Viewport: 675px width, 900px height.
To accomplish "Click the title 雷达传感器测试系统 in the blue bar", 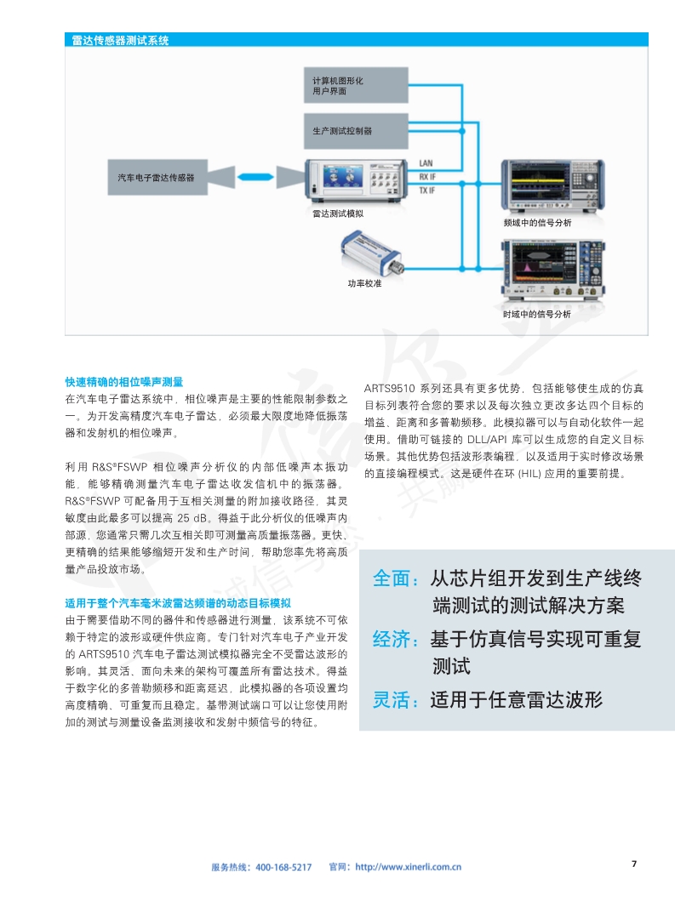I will (x=120, y=39).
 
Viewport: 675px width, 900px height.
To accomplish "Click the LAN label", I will (x=426, y=162).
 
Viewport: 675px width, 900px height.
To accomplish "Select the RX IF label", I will (x=427, y=176).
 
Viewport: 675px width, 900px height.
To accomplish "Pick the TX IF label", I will (x=427, y=191).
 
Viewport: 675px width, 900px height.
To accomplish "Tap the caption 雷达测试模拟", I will (x=338, y=213).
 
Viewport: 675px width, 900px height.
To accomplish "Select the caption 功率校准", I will (x=363, y=282).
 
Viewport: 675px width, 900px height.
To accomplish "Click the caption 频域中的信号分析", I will (x=537, y=222).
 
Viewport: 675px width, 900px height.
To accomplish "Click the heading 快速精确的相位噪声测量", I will (x=124, y=381).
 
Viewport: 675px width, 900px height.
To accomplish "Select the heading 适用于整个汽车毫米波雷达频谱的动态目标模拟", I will (x=178, y=603).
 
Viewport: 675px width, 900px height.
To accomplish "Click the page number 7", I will (x=633, y=863).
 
